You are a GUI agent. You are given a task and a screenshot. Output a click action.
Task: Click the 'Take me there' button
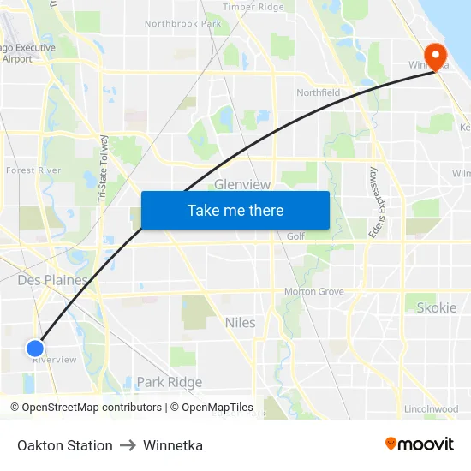tap(235, 210)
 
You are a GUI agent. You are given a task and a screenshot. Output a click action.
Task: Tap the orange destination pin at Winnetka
tap(436, 56)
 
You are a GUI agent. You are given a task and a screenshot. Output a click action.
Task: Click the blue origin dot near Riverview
tap(34, 348)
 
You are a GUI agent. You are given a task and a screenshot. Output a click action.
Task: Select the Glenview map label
tap(242, 184)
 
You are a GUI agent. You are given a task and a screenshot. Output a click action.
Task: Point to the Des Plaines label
tap(52, 280)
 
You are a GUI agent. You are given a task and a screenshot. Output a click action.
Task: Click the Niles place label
tap(240, 323)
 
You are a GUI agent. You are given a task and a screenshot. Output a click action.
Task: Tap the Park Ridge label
tap(170, 382)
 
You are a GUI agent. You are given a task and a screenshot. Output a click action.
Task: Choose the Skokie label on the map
tap(436, 307)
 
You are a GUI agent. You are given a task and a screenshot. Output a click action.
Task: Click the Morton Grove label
tap(313, 292)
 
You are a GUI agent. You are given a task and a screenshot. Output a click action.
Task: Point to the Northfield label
tap(318, 92)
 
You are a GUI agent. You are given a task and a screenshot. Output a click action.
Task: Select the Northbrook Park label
tap(182, 24)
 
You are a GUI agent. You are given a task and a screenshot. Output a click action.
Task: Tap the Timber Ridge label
tap(253, 7)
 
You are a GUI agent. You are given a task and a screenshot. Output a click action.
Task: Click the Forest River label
tap(33, 170)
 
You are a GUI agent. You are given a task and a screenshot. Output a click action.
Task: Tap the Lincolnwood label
tap(431, 409)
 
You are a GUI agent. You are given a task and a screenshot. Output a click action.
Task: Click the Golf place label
tap(295, 236)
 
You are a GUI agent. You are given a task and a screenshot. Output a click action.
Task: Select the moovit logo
tap(419, 444)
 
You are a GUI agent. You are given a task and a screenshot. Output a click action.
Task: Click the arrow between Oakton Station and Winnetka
tap(128, 445)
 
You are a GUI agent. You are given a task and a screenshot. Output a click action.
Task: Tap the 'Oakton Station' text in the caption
tap(65, 445)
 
